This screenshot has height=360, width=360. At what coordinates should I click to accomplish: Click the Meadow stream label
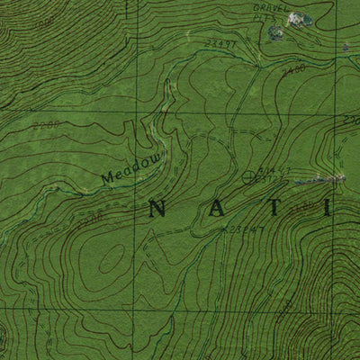coord(123,168)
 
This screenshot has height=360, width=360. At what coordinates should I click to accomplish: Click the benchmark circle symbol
coord(249,176)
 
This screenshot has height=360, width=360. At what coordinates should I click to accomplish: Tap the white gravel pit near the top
coord(305,19)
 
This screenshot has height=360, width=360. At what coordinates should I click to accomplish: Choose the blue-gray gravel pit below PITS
coord(274,31)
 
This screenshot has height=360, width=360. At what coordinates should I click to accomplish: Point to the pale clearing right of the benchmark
coord(333,180)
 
